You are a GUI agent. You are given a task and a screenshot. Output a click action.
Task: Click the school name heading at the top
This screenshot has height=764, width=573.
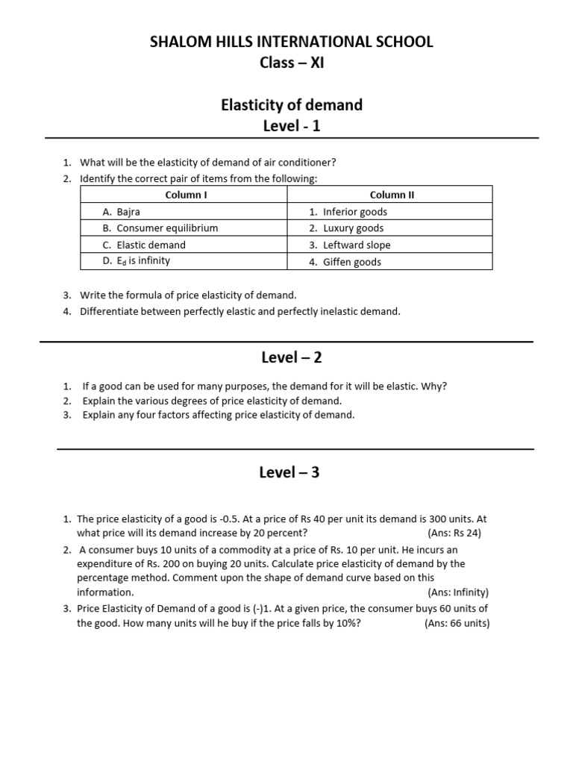pyautogui.click(x=292, y=42)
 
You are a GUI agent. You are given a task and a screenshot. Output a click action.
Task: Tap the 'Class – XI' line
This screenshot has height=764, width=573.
pyautogui.click(x=292, y=63)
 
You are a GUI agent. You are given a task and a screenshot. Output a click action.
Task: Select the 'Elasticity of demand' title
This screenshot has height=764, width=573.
pyautogui.click(x=292, y=105)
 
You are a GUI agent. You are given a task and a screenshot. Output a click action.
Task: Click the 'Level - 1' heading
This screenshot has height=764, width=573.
pyautogui.click(x=292, y=126)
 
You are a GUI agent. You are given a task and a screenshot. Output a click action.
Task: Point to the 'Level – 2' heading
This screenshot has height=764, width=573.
pyautogui.click(x=292, y=357)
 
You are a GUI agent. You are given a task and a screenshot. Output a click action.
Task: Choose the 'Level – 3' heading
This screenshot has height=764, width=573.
pyautogui.click(x=289, y=472)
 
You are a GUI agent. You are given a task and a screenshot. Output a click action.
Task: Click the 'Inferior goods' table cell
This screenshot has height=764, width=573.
pyautogui.click(x=354, y=212)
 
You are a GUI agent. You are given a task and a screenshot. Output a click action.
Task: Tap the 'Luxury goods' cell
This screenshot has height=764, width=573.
pyautogui.click(x=353, y=228)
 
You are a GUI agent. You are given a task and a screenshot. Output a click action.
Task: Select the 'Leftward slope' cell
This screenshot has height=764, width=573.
pyautogui.click(x=357, y=245)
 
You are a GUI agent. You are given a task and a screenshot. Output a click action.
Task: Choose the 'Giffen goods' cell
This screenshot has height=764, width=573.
pyautogui.click(x=351, y=262)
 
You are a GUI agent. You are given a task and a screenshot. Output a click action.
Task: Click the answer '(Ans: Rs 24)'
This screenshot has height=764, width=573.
pyautogui.click(x=456, y=533)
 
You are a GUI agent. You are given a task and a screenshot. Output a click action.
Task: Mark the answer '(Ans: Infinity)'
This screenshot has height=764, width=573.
pyautogui.click(x=457, y=592)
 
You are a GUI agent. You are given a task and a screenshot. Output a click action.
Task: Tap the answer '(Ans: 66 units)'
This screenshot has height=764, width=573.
pyautogui.click(x=457, y=623)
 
